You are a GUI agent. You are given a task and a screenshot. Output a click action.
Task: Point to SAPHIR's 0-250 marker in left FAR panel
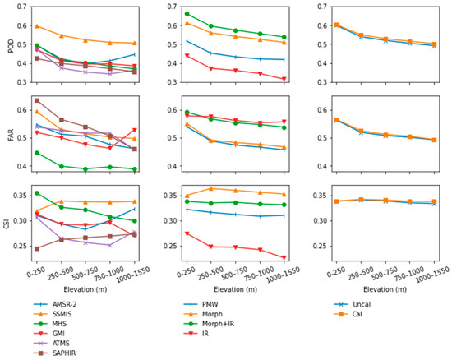pos(37,100)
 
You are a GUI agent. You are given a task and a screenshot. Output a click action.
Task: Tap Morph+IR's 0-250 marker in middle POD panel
pos(187,14)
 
